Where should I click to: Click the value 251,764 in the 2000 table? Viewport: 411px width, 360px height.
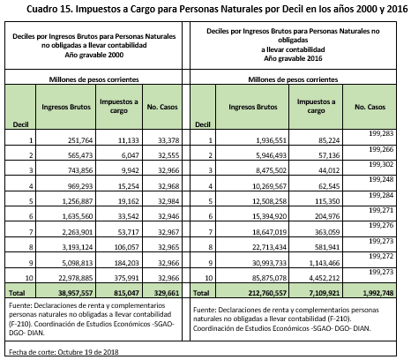pos(80,140)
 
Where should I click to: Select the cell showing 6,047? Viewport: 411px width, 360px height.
pos(130,155)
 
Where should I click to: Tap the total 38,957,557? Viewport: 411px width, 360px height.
pos(75,293)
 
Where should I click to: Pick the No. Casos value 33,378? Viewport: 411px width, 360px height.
pos(168,140)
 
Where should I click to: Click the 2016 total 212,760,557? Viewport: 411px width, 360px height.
pos(266,293)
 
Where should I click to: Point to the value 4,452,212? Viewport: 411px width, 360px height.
pos(325,278)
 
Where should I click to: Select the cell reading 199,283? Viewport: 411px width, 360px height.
pos(381,133)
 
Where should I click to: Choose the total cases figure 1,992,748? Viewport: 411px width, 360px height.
pos(378,293)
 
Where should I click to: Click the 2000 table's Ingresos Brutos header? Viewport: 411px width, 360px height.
pos(66,107)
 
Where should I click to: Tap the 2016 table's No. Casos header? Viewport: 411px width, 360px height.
pos(370,107)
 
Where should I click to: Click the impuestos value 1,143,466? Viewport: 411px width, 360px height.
pos(325,263)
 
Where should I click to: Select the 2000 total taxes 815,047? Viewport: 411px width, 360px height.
pos(126,293)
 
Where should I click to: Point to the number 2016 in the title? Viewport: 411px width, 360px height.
pos(397,9)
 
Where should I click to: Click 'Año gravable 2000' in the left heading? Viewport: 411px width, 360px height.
pos(94,55)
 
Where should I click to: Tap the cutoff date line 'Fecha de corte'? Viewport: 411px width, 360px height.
pos(64,352)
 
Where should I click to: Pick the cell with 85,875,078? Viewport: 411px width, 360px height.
pos(269,278)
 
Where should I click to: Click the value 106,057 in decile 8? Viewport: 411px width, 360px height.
pos(126,247)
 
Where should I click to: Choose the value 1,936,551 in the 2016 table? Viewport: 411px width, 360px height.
pos(271,140)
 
